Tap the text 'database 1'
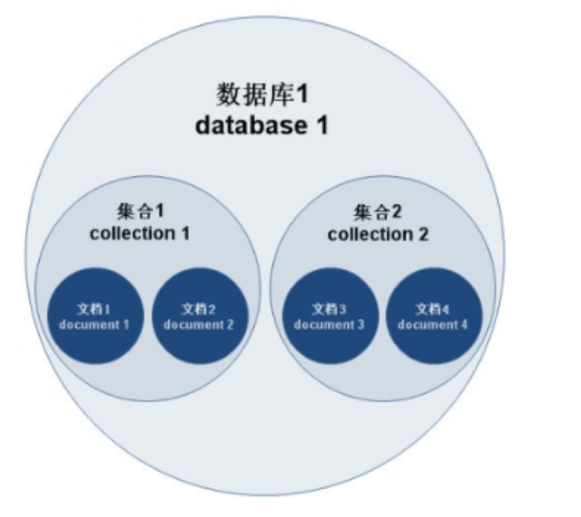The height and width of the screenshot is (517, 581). coord(262,125)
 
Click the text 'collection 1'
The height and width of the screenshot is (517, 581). coord(140,233)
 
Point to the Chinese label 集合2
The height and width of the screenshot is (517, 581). coord(377,212)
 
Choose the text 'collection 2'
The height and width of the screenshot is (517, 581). coord(377,234)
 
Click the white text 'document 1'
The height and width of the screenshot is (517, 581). coord(95,324)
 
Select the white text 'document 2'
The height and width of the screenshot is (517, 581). coord(199,324)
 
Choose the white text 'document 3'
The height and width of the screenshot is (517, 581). coord(330,324)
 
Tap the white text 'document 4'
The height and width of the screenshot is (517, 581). coord(434,324)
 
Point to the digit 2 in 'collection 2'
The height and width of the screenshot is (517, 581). coord(422,234)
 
